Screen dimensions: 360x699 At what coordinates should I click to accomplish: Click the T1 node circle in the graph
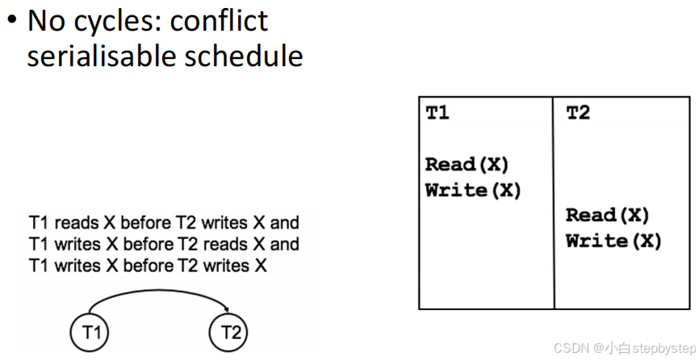(90, 332)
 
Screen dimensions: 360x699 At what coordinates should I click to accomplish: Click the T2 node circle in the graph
(229, 332)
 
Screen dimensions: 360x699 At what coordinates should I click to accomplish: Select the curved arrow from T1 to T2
(159, 292)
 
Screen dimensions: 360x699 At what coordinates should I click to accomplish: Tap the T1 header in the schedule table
(437, 114)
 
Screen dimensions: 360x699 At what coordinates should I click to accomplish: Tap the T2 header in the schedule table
(578, 114)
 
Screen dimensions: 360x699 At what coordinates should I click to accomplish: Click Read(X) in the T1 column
(467, 165)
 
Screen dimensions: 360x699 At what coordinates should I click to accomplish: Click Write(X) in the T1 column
(473, 191)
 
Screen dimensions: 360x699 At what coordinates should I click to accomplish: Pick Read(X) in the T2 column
(608, 216)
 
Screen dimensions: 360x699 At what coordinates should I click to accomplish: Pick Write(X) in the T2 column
(613, 241)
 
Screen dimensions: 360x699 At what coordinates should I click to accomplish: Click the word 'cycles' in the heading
(115, 21)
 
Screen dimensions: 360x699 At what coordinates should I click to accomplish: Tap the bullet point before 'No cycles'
(11, 19)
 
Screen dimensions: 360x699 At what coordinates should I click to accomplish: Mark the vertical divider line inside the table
(555, 202)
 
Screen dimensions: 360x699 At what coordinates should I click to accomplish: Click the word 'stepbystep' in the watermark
(662, 347)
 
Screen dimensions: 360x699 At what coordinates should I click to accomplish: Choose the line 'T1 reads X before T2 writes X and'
(164, 223)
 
